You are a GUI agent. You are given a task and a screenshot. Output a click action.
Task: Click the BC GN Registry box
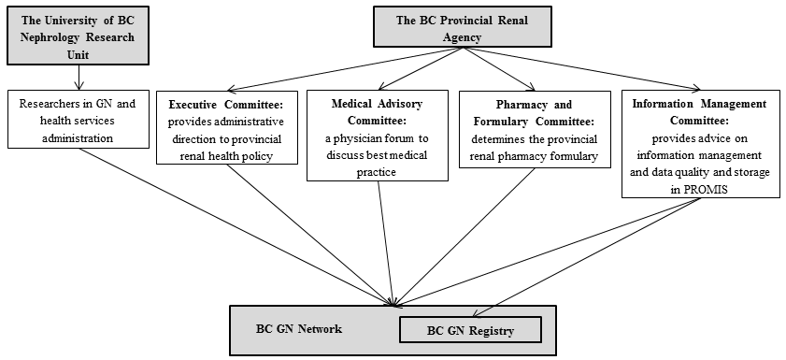coord(470,330)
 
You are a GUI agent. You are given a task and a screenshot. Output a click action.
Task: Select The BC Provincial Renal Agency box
coord(463,27)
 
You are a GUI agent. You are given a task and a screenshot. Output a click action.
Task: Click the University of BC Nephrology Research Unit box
coord(79,36)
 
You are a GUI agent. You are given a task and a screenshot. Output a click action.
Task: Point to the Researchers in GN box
coord(79,119)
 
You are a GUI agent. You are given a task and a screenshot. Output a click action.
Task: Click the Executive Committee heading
coord(227,105)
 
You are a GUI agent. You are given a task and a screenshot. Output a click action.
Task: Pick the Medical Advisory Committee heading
coord(377,112)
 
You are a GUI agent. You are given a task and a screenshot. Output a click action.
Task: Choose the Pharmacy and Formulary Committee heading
coord(535,113)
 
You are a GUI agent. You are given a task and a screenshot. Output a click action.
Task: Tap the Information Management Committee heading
coord(699,112)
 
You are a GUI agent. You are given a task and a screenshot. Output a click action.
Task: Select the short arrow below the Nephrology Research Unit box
coord(79,78)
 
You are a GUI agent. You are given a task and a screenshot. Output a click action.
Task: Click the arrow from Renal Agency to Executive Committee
coord(345,70)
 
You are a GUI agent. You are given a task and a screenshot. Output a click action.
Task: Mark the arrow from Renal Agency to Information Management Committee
coord(582,69)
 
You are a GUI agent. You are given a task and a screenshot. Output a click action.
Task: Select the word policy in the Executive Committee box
coord(258,156)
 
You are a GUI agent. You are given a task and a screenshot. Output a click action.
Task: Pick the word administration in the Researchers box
coord(78,137)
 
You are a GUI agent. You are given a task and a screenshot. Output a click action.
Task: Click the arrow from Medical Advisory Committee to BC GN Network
coord(386,244)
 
